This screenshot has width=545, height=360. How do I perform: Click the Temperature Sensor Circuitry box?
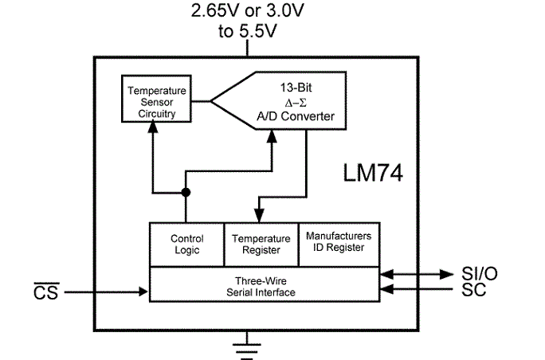[156, 99]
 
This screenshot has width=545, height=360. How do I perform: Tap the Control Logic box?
[187, 245]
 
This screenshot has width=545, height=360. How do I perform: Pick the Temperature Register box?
[261, 245]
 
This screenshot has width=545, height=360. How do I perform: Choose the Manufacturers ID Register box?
[339, 245]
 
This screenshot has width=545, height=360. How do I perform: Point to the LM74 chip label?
[373, 173]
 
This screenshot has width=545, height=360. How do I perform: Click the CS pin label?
[46, 292]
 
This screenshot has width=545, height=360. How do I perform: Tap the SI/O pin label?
[480, 274]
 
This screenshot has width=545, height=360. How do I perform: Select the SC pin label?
[473, 289]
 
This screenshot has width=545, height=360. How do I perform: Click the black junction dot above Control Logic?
[186, 192]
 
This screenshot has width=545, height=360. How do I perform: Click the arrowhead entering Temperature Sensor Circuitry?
[153, 127]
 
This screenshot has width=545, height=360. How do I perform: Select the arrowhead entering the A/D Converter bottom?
[272, 136]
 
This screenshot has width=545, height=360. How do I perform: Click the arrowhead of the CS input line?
[143, 292]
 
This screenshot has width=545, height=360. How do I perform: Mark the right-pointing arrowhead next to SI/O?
[446, 274]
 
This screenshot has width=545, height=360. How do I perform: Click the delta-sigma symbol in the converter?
[296, 104]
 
